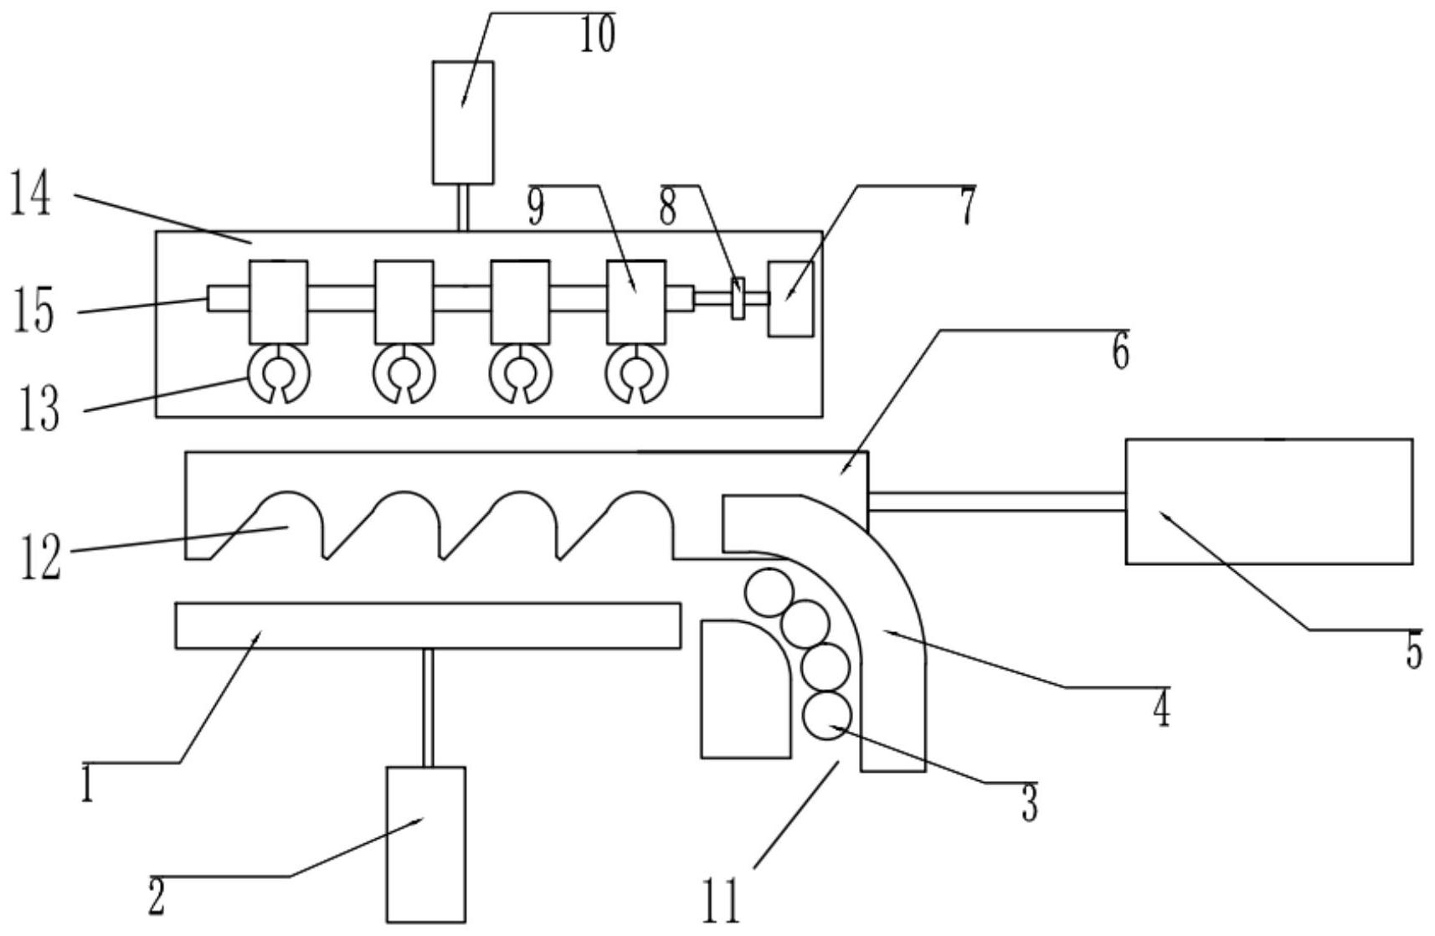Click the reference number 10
point(597,35)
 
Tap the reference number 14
point(30,195)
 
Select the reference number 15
point(34,312)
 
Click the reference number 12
point(40,558)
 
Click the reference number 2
point(157,897)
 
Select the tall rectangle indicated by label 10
point(463,123)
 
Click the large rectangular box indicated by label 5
point(1269,501)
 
